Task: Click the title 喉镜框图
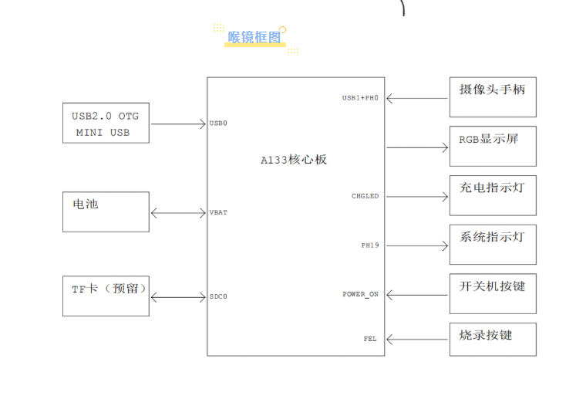pos(254,36)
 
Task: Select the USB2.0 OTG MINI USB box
pos(106,123)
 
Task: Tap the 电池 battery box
pos(106,211)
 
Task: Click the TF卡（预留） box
pos(106,296)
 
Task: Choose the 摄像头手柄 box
pos(493,97)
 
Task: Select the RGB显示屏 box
pos(493,147)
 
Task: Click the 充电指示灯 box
pos(493,195)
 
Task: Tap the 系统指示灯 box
pos(493,245)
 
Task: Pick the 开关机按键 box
pos(493,293)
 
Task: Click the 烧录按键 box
pos(493,340)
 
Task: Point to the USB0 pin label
pos(218,123)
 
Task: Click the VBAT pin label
pos(218,212)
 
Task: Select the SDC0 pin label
pos(218,296)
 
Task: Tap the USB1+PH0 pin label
pos(360,98)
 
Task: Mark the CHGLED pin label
pos(365,196)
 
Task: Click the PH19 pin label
pos(370,245)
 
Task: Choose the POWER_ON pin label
pos(361,294)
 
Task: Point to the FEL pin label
pos(371,339)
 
